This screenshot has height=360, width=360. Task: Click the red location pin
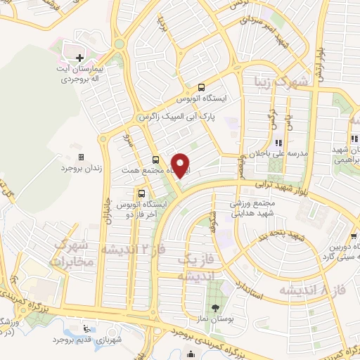[x=181, y=166]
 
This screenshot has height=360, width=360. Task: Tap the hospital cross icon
[x=79, y=58]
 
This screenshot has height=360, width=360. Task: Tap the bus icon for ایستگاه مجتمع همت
[x=155, y=160]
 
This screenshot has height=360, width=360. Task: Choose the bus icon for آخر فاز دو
[x=143, y=191]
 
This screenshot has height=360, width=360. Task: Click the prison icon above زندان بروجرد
[x=80, y=157]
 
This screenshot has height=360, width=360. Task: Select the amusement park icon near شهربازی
[x=86, y=328]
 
